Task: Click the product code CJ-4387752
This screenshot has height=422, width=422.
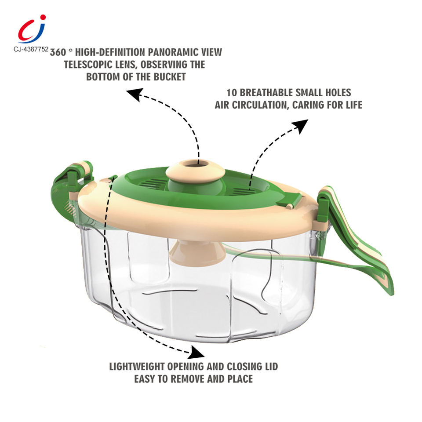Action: tap(28, 49)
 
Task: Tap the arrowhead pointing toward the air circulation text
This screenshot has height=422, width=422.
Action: tap(301, 126)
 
